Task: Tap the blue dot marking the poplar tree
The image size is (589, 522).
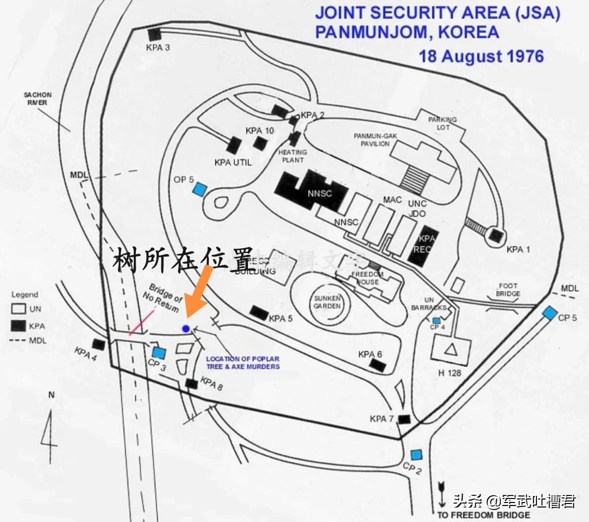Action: (186, 329)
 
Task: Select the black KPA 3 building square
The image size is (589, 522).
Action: (154, 35)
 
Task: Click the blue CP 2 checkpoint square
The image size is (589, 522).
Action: (415, 455)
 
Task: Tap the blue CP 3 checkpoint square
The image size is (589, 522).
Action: (159, 353)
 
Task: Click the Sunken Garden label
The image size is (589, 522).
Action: (328, 302)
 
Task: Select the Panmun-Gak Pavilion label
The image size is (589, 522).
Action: (372, 140)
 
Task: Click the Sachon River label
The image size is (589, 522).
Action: (37, 99)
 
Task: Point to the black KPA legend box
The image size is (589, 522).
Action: (19, 326)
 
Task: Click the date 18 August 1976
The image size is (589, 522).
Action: (481, 56)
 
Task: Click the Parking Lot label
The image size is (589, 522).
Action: (442, 123)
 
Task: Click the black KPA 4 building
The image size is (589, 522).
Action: (98, 345)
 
